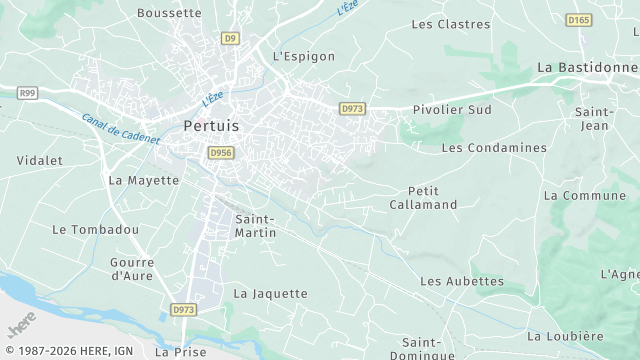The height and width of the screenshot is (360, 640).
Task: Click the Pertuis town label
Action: point(212,126)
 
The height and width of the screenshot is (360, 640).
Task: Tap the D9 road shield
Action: point(231,38)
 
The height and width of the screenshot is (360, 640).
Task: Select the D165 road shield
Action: point(578,20)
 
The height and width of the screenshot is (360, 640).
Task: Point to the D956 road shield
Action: point(221,152)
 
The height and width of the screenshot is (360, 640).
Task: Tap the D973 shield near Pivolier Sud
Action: point(351,108)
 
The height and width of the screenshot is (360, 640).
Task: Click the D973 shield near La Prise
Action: point(182,310)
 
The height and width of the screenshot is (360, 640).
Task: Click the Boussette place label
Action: point(169,13)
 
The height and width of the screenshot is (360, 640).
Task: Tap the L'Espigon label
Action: point(304,57)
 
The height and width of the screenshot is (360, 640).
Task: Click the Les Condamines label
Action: point(494,148)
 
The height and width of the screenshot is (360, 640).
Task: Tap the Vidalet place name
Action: point(40,160)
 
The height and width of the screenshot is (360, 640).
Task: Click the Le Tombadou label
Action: point(95,230)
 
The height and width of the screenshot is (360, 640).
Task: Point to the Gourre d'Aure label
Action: point(131,268)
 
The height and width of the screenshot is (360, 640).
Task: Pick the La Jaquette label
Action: point(270,294)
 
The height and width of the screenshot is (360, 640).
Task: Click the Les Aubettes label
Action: point(462,282)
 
